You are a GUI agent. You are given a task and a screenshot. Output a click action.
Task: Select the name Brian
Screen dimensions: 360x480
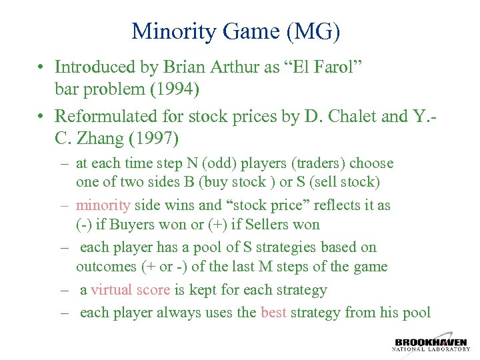[179, 67]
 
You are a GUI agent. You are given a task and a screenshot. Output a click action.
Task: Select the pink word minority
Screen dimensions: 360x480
[103, 205]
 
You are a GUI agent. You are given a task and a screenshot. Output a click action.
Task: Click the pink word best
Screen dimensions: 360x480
[273, 312]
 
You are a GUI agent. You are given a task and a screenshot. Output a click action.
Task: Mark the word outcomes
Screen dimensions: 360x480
[105, 267]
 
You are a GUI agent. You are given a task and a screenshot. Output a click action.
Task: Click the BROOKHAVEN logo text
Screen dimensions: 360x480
[430, 342]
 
